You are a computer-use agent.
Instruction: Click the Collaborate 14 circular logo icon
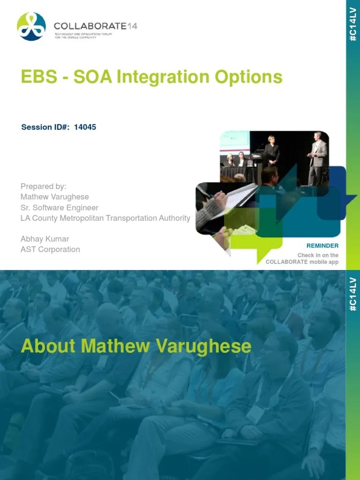pos(31,26)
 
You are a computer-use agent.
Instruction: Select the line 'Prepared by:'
pos(43,186)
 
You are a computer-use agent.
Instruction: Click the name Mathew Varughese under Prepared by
pos(54,197)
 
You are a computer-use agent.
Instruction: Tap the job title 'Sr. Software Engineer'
pos(59,207)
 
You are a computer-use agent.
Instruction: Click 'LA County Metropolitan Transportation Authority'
pos(105,218)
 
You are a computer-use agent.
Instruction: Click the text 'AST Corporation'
pos(50,249)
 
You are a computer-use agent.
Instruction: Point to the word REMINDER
pos(322,246)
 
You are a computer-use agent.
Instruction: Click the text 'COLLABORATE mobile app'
pos(302,262)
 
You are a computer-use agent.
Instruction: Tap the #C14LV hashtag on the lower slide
pos(353,293)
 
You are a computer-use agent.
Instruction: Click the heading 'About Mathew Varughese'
pos(136,346)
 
